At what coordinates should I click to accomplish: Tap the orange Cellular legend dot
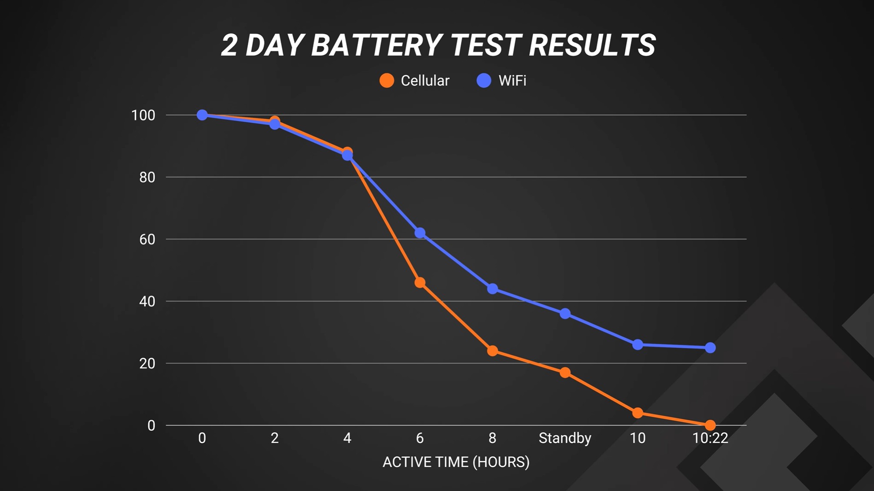pyautogui.click(x=387, y=81)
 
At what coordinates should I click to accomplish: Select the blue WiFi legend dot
pyautogui.click(x=484, y=81)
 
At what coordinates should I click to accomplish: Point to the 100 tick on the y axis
pyautogui.click(x=143, y=115)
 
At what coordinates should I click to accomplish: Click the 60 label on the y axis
pyautogui.click(x=147, y=239)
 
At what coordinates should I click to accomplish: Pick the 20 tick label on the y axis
pyautogui.click(x=147, y=363)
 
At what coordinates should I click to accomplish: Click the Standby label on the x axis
pyautogui.click(x=565, y=438)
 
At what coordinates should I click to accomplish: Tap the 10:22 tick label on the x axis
pyautogui.click(x=710, y=438)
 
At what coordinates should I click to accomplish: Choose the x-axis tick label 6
pyautogui.click(x=420, y=438)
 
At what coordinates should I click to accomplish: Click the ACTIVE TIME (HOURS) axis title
pyautogui.click(x=456, y=462)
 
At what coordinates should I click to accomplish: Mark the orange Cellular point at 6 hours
pyautogui.click(x=420, y=283)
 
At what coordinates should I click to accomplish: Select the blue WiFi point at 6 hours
pyautogui.click(x=420, y=233)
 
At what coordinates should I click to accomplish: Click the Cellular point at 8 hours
pyautogui.click(x=492, y=351)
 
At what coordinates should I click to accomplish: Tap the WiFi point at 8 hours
pyautogui.click(x=492, y=289)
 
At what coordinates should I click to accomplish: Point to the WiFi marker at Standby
pyautogui.click(x=565, y=313)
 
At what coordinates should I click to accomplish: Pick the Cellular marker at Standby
pyautogui.click(x=565, y=373)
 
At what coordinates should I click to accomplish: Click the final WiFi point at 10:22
pyautogui.click(x=710, y=348)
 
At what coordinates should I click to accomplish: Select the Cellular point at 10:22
pyautogui.click(x=710, y=425)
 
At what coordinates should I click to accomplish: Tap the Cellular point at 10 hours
pyautogui.click(x=637, y=413)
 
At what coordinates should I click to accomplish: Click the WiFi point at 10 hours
pyautogui.click(x=637, y=345)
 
